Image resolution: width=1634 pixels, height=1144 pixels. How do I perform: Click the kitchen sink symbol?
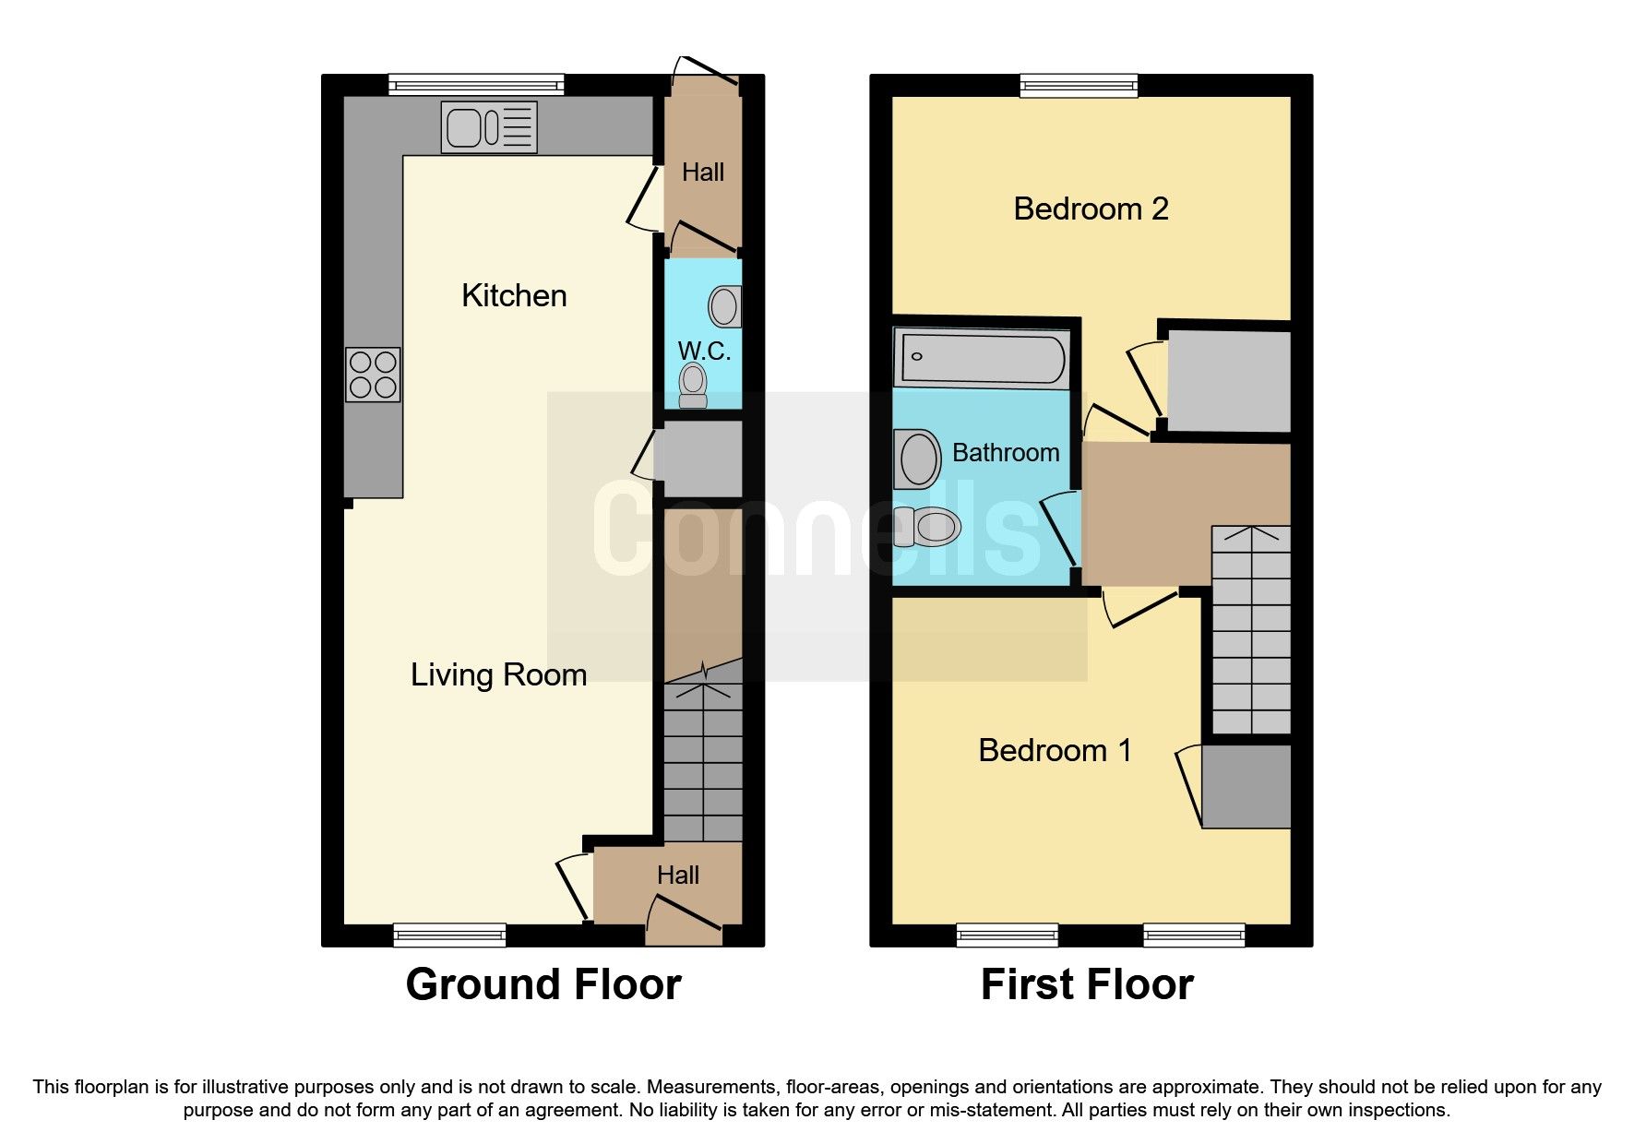(489, 126)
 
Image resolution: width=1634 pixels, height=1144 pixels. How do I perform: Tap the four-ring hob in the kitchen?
(373, 375)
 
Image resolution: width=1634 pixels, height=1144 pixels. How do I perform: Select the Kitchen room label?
(514, 296)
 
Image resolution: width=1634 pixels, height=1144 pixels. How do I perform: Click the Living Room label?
(498, 675)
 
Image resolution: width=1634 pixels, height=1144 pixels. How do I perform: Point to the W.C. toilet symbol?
(693, 385)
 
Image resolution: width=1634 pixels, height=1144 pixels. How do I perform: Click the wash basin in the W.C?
(725, 306)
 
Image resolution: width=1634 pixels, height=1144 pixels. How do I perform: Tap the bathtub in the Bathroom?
(982, 358)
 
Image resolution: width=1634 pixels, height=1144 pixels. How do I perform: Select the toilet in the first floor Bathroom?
(927, 528)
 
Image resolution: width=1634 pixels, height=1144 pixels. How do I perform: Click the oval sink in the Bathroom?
(918, 459)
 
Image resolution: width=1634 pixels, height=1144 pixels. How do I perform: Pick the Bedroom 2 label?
(1091, 209)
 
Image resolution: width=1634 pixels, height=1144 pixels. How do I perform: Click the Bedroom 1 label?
(1055, 751)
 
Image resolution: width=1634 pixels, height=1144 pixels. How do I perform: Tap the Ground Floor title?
(543, 984)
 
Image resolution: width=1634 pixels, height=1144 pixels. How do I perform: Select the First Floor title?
(1087, 984)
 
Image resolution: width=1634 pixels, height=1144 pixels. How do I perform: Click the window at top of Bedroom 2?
(1079, 86)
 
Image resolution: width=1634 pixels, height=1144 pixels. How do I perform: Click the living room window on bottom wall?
(449, 935)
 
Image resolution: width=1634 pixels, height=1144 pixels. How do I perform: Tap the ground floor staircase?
(703, 761)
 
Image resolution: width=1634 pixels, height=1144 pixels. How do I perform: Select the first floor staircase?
(1250, 632)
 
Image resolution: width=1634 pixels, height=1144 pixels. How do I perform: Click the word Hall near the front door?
(678, 876)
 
